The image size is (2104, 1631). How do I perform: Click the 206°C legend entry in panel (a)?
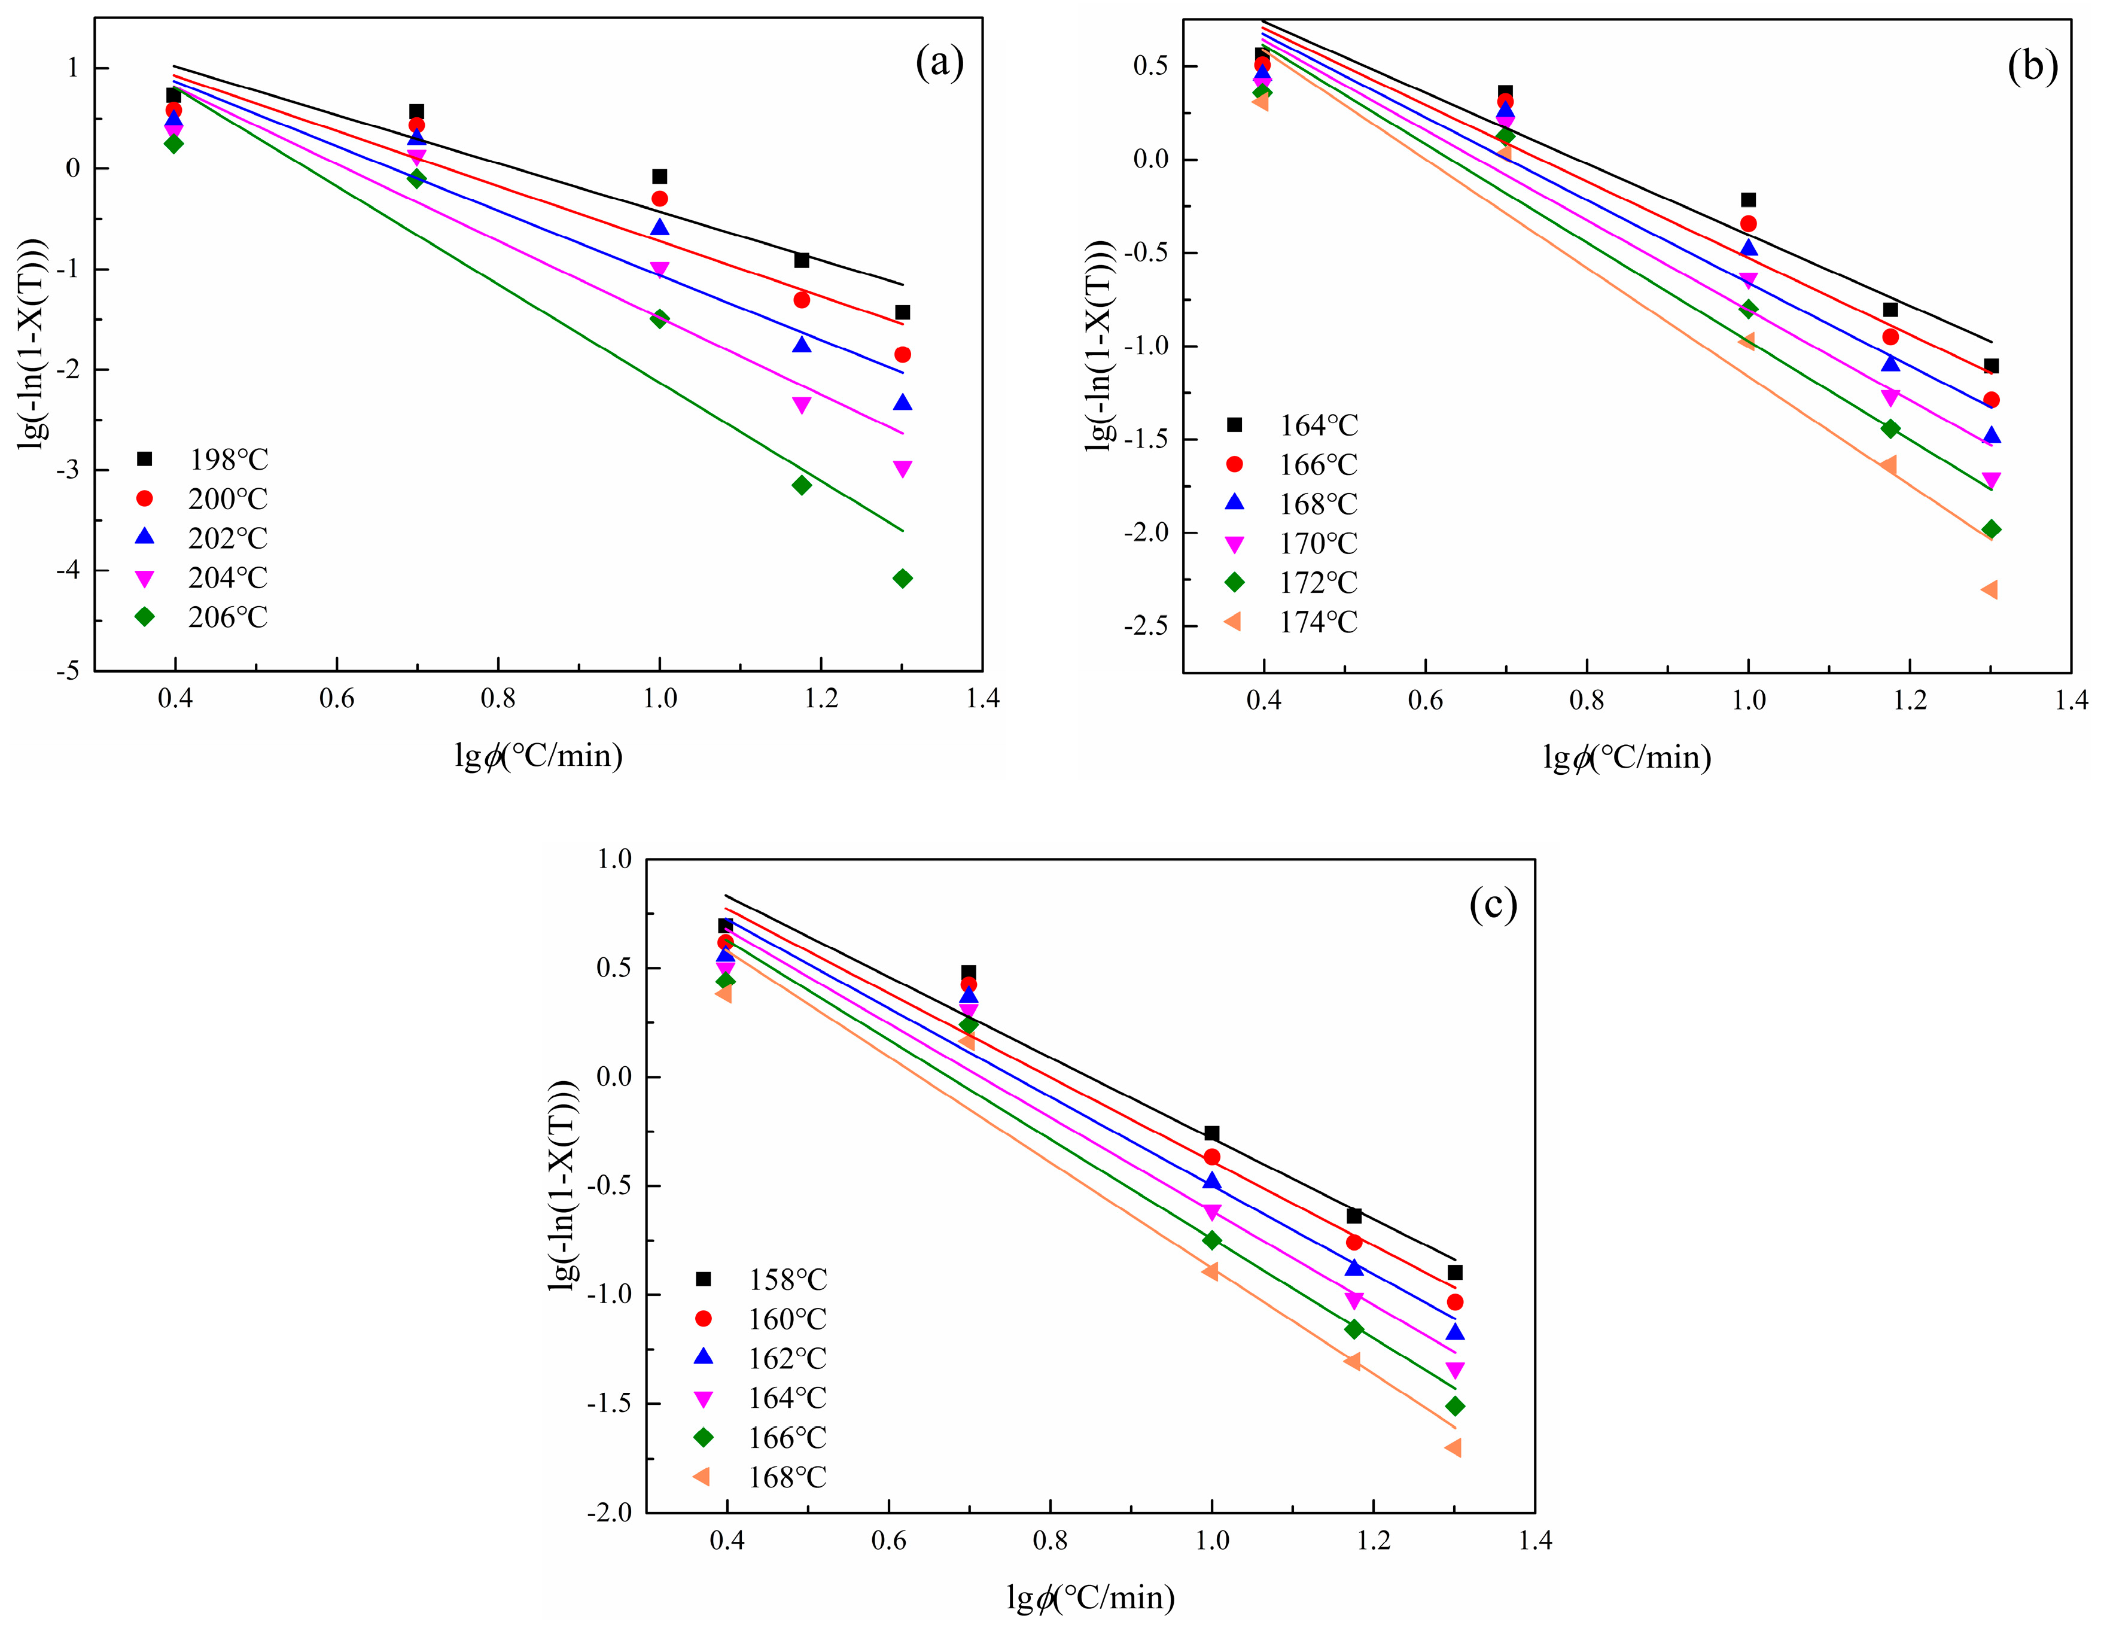point(202,617)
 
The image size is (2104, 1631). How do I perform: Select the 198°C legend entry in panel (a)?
point(202,460)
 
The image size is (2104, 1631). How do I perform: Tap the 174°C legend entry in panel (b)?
point(1291,622)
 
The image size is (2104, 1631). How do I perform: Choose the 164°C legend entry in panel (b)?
point(1291,425)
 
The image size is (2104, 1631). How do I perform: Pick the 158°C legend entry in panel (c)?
point(761,1279)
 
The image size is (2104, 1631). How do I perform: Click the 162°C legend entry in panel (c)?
point(761,1358)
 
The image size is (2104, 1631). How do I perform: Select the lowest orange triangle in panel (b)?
point(1990,589)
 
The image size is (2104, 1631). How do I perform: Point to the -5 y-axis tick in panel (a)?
point(72,671)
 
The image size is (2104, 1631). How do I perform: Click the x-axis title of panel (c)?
point(1091,1598)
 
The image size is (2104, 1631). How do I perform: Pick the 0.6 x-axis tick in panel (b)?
point(1426,701)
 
